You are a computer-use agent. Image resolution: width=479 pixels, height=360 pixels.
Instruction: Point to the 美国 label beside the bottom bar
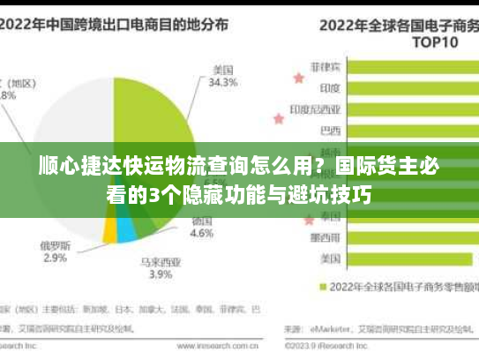tap(331, 259)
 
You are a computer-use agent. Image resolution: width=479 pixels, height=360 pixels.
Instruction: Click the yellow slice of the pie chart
tap(110, 230)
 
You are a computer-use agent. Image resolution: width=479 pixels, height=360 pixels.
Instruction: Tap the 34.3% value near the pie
tap(223, 83)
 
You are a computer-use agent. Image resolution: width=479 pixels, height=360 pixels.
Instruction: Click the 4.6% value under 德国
tap(202, 234)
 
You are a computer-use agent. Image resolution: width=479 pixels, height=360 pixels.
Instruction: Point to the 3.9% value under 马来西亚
tap(161, 274)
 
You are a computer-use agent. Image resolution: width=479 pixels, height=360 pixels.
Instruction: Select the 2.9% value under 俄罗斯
tap(55, 258)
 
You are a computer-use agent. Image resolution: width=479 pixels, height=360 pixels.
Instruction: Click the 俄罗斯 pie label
tap(56, 244)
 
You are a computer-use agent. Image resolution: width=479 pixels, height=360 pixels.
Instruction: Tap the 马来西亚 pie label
tap(161, 261)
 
